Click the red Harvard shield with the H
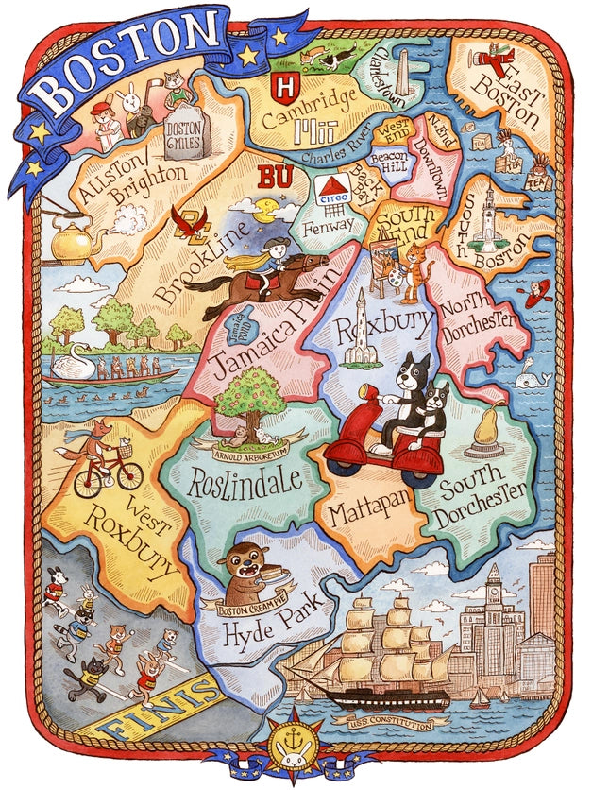pos(282,88)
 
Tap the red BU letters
pos(275,177)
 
